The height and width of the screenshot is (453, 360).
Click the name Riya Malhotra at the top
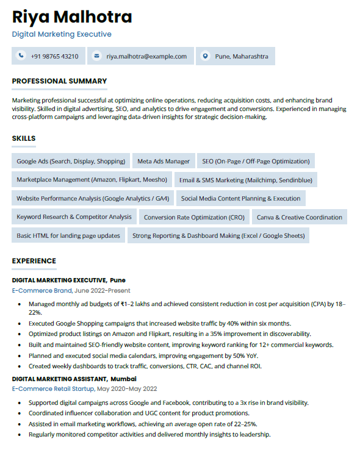click(71, 16)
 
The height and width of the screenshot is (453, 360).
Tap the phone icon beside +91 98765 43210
click(22, 56)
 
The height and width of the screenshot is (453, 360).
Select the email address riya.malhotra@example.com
click(146, 56)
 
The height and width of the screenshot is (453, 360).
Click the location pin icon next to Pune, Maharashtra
click(205, 56)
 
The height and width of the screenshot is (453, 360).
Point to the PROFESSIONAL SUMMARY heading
click(59, 81)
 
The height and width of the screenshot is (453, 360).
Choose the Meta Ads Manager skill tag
click(164, 162)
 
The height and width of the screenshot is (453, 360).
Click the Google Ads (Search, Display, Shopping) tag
click(71, 162)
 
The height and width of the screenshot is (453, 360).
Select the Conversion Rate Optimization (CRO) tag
click(194, 217)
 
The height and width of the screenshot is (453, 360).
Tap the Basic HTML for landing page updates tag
click(68, 235)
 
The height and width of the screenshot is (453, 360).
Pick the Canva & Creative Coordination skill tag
click(299, 217)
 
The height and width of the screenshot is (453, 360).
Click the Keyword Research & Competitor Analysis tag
click(74, 217)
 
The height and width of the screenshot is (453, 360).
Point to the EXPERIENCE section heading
click(34, 261)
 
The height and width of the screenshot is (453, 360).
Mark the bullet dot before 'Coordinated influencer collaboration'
click(21, 414)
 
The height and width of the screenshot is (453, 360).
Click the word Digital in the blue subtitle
click(24, 34)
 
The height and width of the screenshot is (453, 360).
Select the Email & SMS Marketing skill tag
click(245, 180)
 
